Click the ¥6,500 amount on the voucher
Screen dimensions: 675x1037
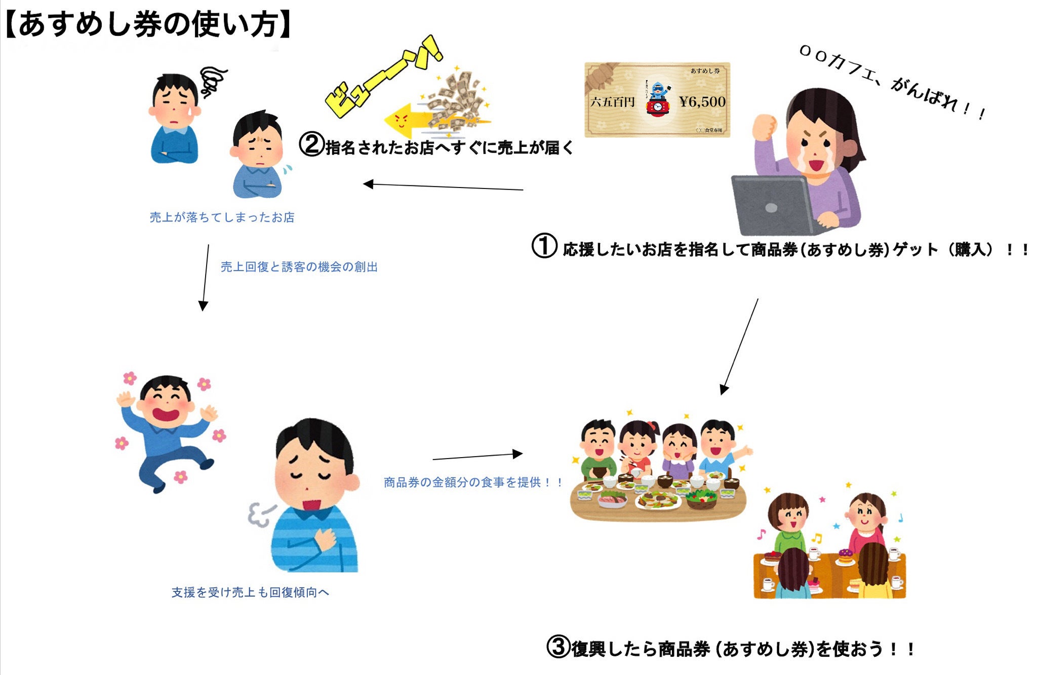(702, 102)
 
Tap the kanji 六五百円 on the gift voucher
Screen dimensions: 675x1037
(612, 102)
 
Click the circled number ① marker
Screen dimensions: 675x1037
(544, 246)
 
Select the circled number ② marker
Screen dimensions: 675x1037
(311, 144)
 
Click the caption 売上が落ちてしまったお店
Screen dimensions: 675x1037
(222, 217)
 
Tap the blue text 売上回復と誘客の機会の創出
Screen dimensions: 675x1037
(299, 267)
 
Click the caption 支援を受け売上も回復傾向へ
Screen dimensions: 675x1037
(250, 592)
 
